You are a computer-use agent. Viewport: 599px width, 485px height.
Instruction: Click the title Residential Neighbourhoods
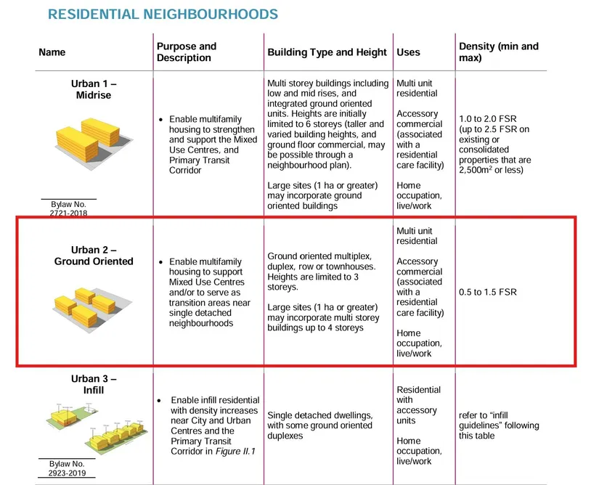(x=163, y=14)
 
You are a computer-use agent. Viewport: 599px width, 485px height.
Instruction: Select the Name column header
(x=52, y=52)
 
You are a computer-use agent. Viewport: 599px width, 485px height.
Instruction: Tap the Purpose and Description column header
(x=187, y=52)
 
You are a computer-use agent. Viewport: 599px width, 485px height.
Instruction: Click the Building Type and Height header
(x=327, y=52)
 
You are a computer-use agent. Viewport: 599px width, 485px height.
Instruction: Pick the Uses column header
(x=408, y=52)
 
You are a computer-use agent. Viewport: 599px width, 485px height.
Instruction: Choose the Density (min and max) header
(x=499, y=52)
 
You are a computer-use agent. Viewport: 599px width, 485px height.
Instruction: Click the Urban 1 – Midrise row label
(x=94, y=89)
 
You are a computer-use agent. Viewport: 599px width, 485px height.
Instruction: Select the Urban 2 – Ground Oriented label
(x=94, y=256)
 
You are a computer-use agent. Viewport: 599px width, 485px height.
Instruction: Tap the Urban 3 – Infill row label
(x=94, y=384)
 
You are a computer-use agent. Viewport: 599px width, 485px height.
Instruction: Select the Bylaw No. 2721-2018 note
(x=69, y=210)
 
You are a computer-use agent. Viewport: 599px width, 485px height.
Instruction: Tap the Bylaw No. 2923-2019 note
(x=68, y=468)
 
